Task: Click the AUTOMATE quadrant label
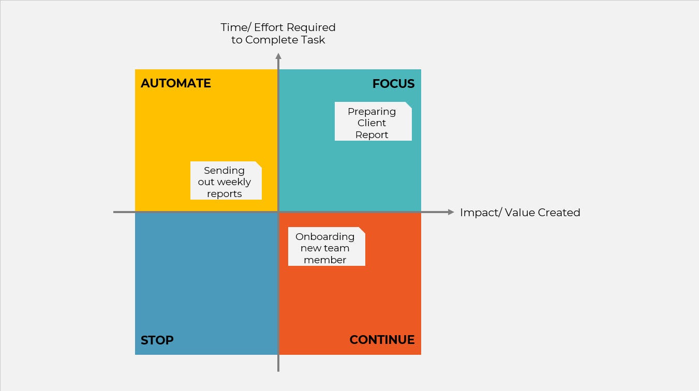176,83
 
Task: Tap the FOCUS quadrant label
394,84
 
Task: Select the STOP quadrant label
157,340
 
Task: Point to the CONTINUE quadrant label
382,340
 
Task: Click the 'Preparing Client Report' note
373,122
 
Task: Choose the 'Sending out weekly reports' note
226,181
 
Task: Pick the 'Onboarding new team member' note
326,247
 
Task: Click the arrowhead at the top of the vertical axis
278,56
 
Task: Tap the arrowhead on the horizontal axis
451,212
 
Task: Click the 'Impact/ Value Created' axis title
520,213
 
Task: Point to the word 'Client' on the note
371,123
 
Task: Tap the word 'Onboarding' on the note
325,237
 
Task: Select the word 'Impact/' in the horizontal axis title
481,213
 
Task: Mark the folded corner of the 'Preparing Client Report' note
408,105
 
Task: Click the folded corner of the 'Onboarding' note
362,230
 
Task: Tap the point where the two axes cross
278,212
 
